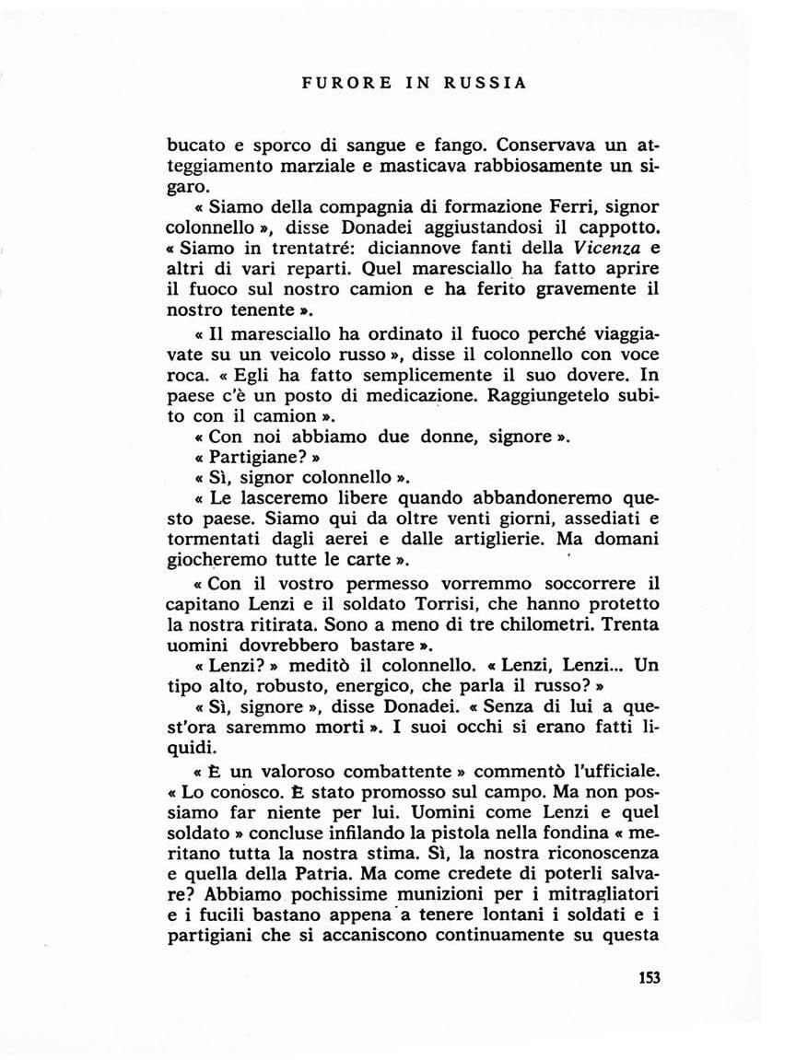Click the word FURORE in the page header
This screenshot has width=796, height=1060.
click(340, 83)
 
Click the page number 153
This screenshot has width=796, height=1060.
click(649, 977)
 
